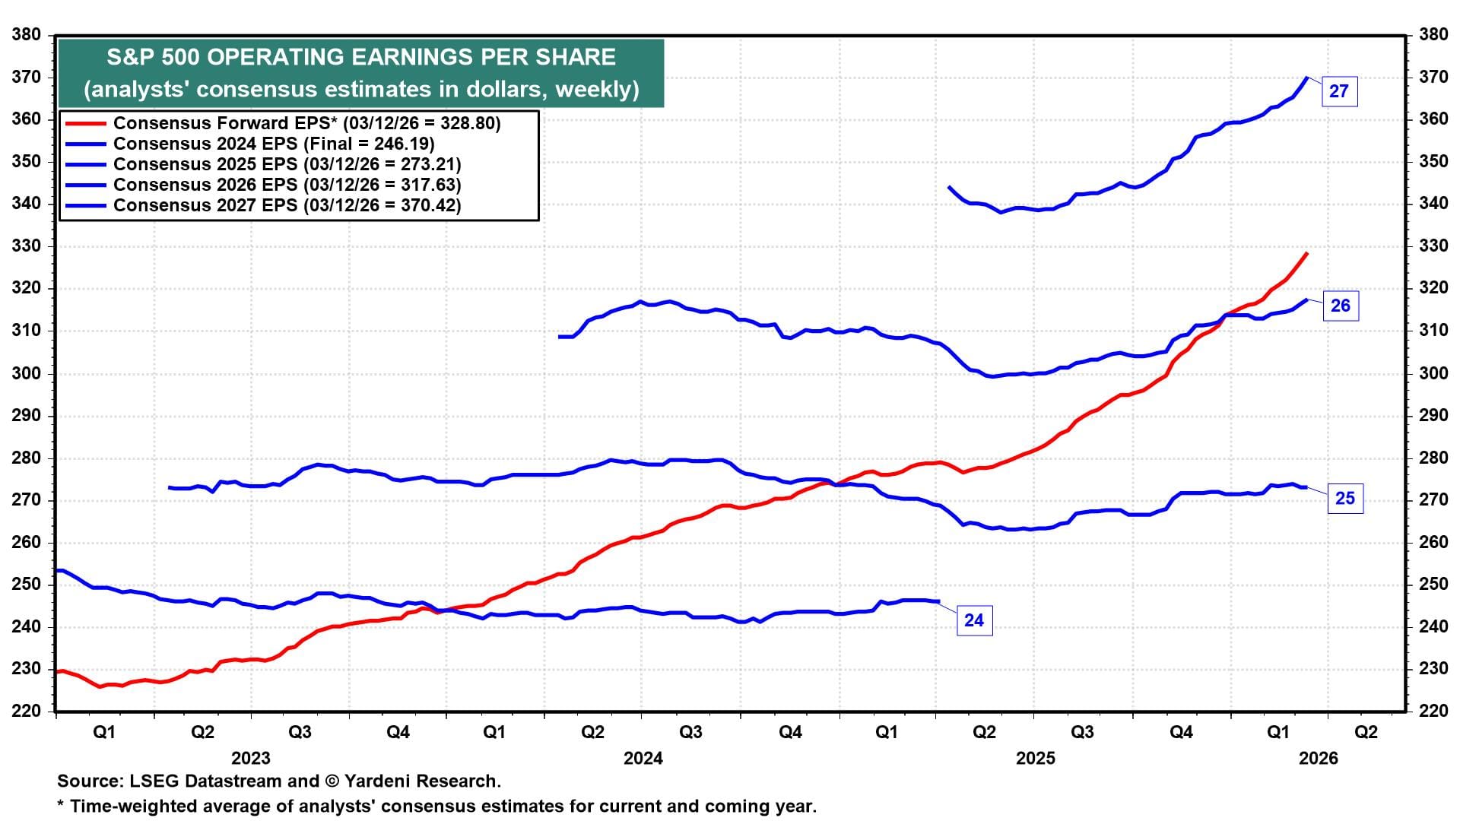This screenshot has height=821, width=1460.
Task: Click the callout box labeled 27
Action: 1338,91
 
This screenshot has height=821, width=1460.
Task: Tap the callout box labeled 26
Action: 1340,306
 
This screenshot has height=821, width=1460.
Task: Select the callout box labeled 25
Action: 1344,498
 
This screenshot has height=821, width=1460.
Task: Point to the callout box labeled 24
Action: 973,620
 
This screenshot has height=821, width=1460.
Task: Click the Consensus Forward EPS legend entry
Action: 306,123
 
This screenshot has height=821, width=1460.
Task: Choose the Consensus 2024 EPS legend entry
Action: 274,144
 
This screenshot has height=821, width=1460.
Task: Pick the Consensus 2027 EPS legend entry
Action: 287,205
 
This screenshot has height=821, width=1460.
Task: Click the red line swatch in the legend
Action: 84,123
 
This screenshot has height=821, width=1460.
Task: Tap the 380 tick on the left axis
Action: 27,35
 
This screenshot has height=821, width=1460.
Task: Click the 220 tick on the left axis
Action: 27,712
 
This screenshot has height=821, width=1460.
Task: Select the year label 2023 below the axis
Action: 251,758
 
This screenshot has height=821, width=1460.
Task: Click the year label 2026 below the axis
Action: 1319,758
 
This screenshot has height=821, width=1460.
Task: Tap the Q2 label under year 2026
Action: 1366,732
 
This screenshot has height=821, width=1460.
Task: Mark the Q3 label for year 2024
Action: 690,732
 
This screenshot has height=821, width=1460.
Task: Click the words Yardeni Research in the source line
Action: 422,781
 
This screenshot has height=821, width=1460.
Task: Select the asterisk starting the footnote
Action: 61,805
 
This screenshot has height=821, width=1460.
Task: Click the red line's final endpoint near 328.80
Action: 1306,253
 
